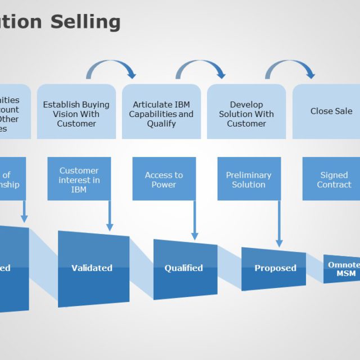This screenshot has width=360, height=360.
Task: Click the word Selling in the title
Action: (85, 21)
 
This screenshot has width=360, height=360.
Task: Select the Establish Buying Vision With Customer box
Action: (76, 112)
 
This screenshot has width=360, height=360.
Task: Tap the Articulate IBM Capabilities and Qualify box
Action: (161, 112)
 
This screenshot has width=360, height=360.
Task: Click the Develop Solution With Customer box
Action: (246, 112)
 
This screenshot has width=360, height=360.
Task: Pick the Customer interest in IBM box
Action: (79, 179)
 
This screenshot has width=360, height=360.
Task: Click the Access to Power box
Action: (164, 179)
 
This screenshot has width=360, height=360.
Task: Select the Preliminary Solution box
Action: (249, 179)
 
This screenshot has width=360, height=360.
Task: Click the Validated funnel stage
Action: (93, 268)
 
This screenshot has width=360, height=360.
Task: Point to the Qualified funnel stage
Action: (184, 268)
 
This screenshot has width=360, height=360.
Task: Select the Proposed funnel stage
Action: (274, 268)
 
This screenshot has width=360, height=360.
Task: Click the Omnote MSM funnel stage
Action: (342, 269)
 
